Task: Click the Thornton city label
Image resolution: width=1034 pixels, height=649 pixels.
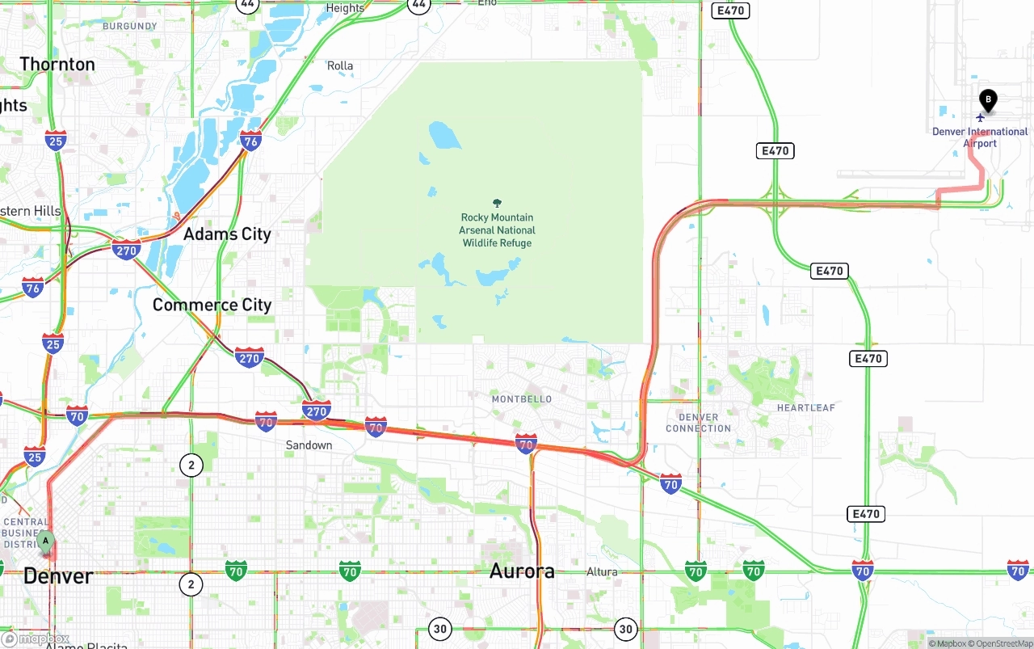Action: pos(57,64)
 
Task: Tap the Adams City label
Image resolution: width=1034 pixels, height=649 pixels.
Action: pos(227,234)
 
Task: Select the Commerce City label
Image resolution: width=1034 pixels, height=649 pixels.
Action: pos(212,305)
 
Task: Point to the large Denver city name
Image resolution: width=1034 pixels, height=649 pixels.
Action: pos(58,576)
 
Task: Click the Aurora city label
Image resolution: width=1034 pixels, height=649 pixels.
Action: pos(522,571)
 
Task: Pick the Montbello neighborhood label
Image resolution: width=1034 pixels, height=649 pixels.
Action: pos(522,399)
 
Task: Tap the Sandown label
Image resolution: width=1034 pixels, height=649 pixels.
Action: pos(309,445)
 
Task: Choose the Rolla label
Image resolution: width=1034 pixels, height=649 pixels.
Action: pos(340,65)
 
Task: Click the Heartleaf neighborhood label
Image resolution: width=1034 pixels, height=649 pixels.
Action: pos(805,408)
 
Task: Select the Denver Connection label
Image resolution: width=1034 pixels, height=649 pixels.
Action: pos(698,423)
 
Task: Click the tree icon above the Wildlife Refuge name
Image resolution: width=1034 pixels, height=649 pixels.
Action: pos(497,204)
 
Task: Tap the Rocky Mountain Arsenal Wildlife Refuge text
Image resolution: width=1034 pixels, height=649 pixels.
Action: pos(497,230)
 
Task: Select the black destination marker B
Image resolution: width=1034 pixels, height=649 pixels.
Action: pos(987,100)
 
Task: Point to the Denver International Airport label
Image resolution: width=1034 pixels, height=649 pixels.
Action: pos(980,137)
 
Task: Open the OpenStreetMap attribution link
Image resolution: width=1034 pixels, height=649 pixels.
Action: pos(1003,643)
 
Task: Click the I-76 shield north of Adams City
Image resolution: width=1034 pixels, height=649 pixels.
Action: pos(250,141)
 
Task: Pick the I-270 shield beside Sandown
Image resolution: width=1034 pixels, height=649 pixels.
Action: pos(317,411)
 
